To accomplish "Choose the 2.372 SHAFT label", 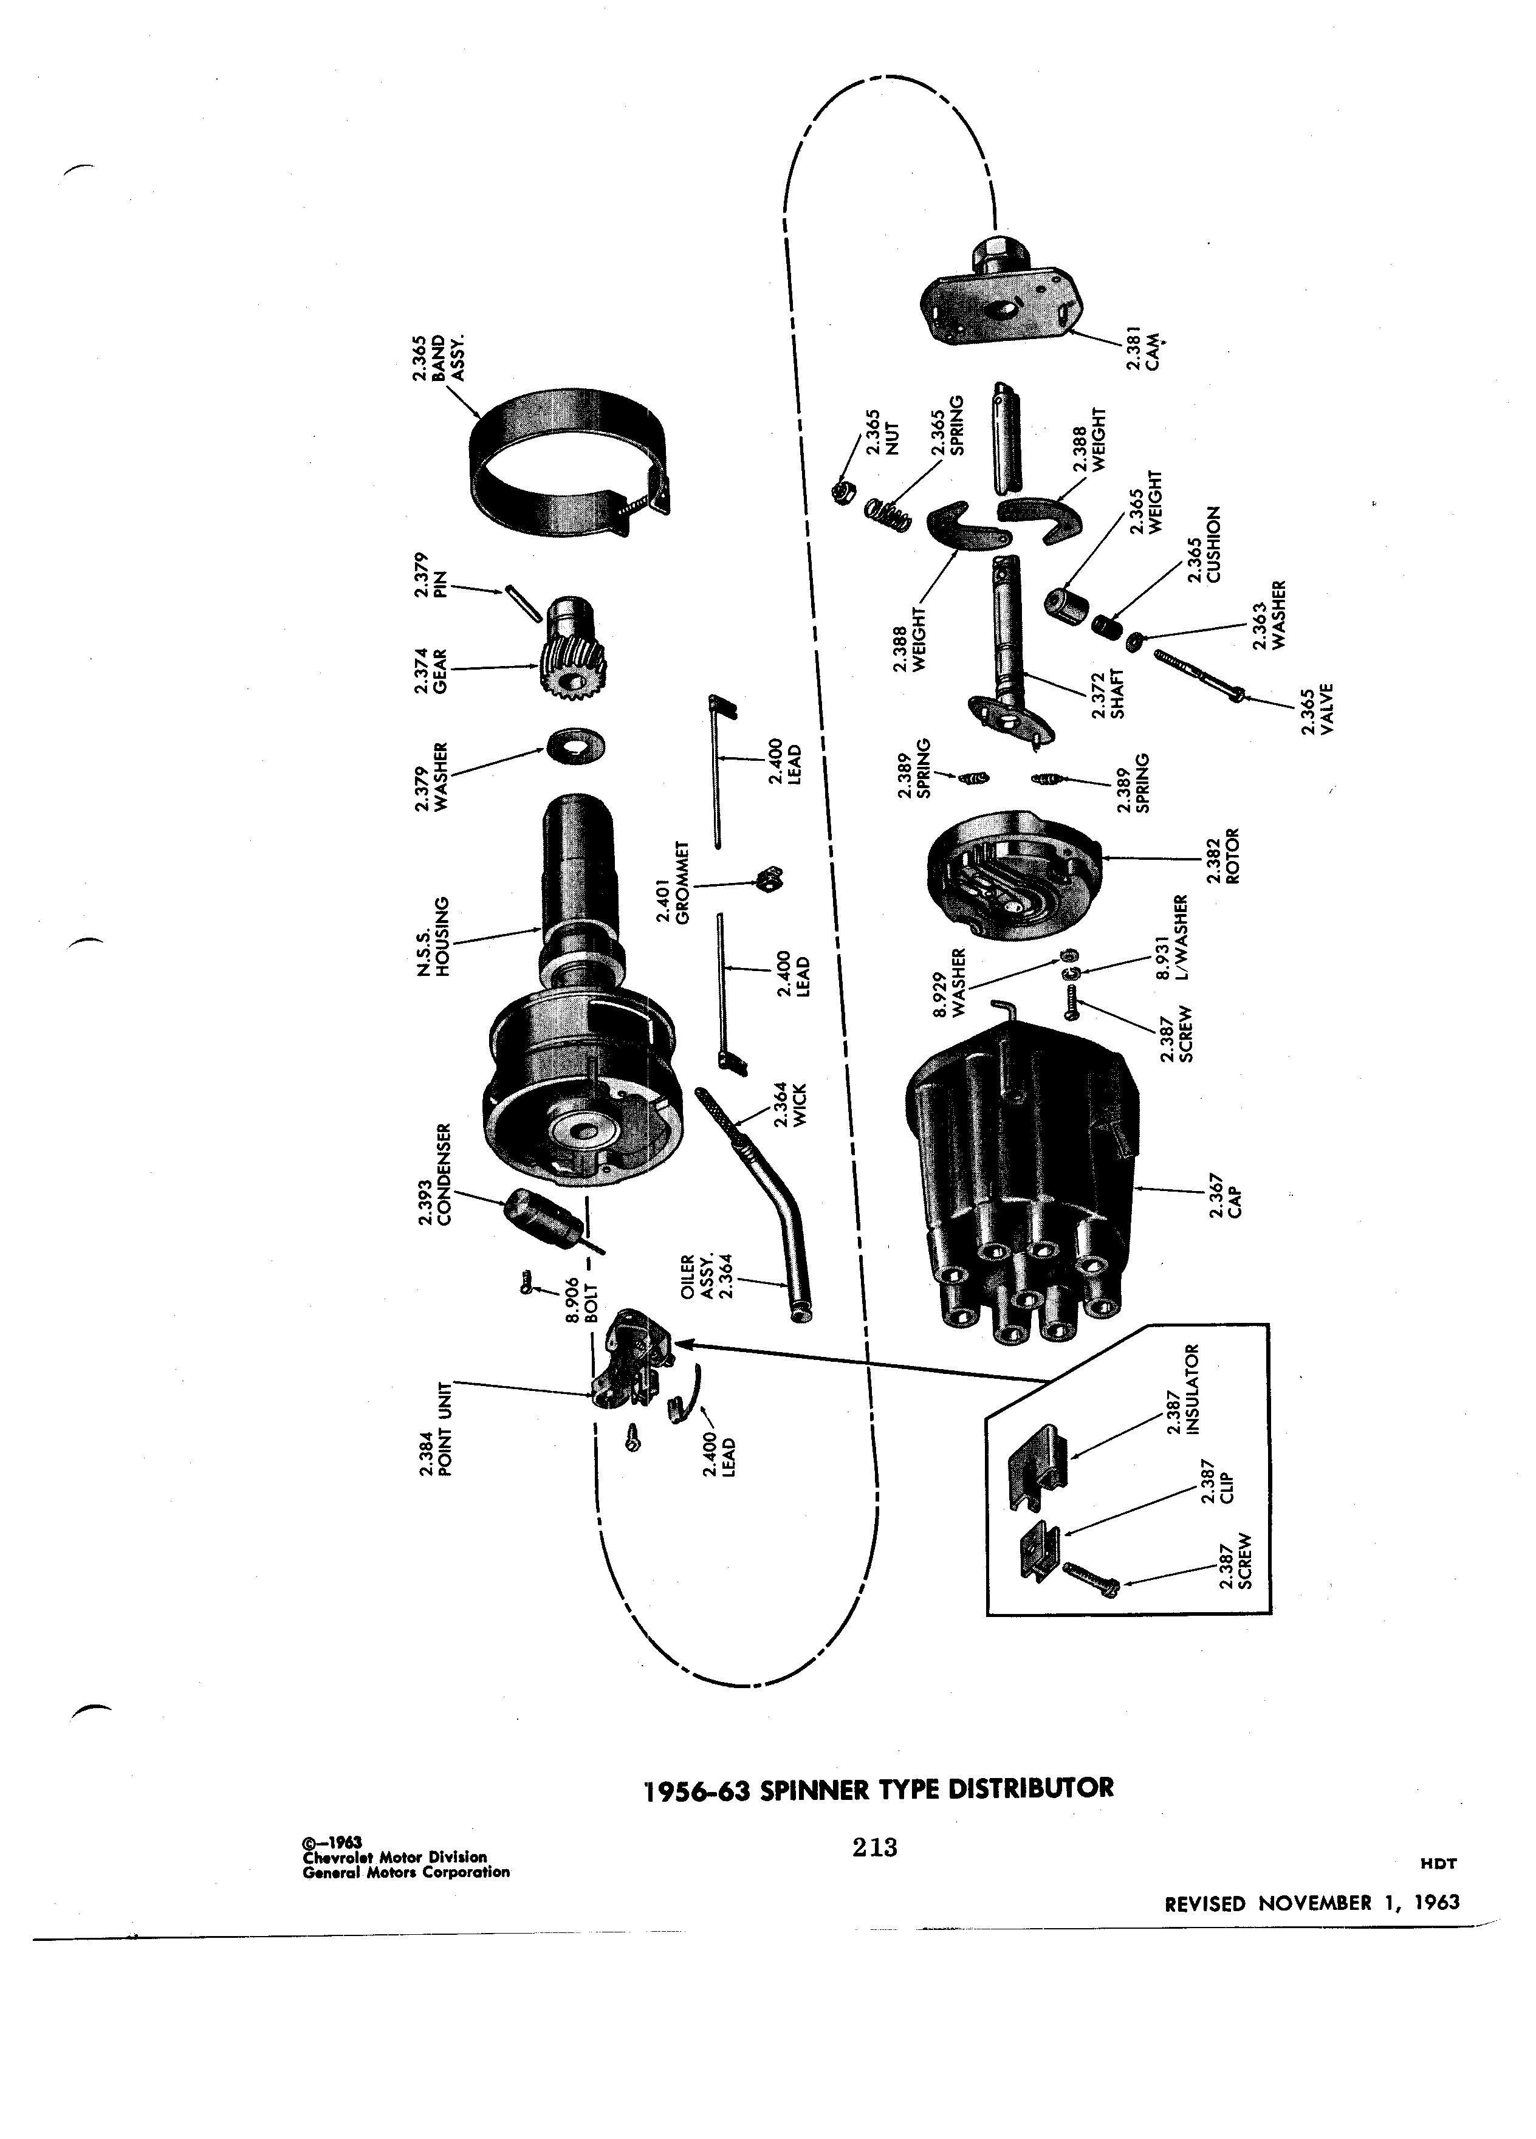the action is tap(1110, 696).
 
